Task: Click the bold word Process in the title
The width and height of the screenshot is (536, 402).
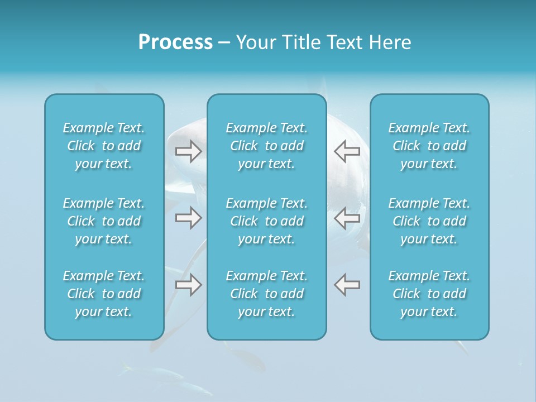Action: (175, 42)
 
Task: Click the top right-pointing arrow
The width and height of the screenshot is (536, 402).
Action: (189, 151)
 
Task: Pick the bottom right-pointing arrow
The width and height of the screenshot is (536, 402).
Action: (189, 284)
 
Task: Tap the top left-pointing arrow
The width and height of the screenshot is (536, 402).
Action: (347, 151)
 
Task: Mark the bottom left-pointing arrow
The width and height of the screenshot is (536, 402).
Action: (347, 284)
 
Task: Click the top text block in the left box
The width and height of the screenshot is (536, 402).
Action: (104, 146)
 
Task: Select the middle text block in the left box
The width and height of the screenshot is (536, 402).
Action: (104, 221)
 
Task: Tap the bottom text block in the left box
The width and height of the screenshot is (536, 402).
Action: (104, 294)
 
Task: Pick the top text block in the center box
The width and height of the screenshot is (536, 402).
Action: (266, 146)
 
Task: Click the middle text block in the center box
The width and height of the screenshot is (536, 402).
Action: (266, 221)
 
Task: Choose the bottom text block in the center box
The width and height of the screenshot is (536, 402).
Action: (266, 294)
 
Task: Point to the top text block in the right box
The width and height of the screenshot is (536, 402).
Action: (429, 146)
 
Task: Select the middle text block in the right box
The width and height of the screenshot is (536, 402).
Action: (429, 221)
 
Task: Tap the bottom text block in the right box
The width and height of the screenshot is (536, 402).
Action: (429, 294)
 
